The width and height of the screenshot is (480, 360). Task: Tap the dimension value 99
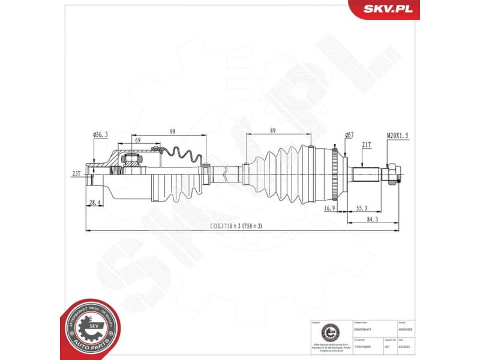click(x=172, y=131)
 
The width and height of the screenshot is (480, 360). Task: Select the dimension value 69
click(x=138, y=140)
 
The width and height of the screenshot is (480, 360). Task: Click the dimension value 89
click(x=273, y=131)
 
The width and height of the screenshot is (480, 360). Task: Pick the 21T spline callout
click(x=365, y=145)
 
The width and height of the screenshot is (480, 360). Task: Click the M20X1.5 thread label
click(x=397, y=136)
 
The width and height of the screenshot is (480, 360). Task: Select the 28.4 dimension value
click(x=95, y=203)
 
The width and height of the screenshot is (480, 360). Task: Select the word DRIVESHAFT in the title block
click(x=362, y=329)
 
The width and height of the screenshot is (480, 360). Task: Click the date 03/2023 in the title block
click(x=411, y=346)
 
